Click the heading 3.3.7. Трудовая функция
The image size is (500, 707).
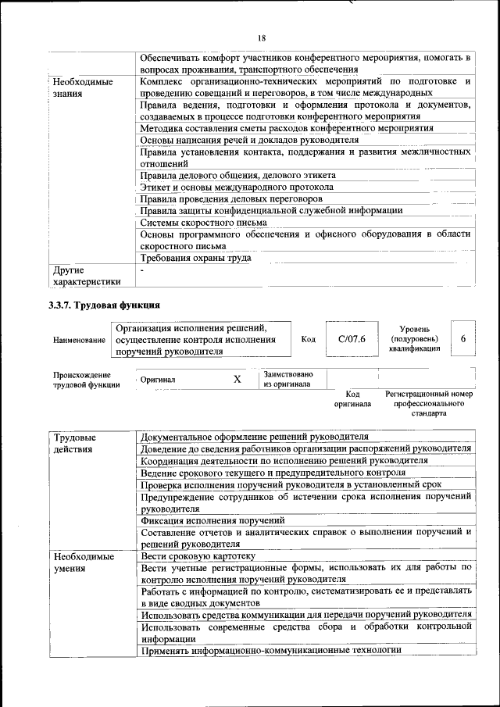(105, 305)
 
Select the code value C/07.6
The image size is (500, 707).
(346, 339)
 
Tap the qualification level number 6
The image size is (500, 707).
(463, 338)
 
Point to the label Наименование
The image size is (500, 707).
(80, 341)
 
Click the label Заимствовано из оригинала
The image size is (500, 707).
(288, 379)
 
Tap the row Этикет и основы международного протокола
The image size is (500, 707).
(237, 187)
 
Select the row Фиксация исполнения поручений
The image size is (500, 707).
(212, 520)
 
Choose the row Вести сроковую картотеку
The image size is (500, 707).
(198, 555)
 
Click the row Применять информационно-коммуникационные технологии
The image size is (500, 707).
(271, 650)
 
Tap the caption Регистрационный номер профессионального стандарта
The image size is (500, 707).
(429, 403)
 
